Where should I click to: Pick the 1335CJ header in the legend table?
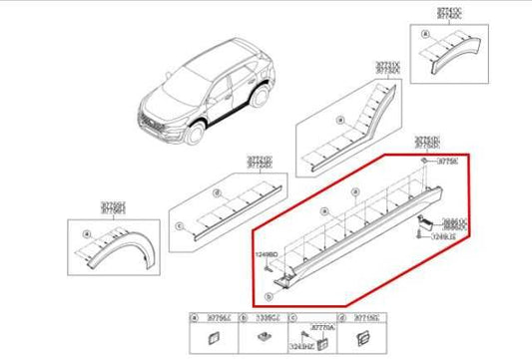coord(266,318)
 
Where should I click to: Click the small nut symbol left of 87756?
coord(424,161)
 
